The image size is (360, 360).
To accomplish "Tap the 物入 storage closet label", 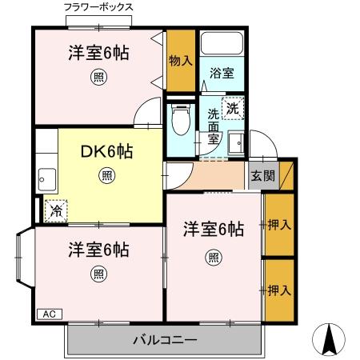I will (180, 60).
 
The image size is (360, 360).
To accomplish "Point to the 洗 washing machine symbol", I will (232, 107).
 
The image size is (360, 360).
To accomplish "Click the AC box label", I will (48, 314).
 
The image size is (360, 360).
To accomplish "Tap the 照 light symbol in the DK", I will (106, 174).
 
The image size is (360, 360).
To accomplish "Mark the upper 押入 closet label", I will (278, 224).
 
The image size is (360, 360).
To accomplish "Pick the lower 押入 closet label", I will (278, 290).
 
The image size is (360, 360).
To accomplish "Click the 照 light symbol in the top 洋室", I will (97, 78).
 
